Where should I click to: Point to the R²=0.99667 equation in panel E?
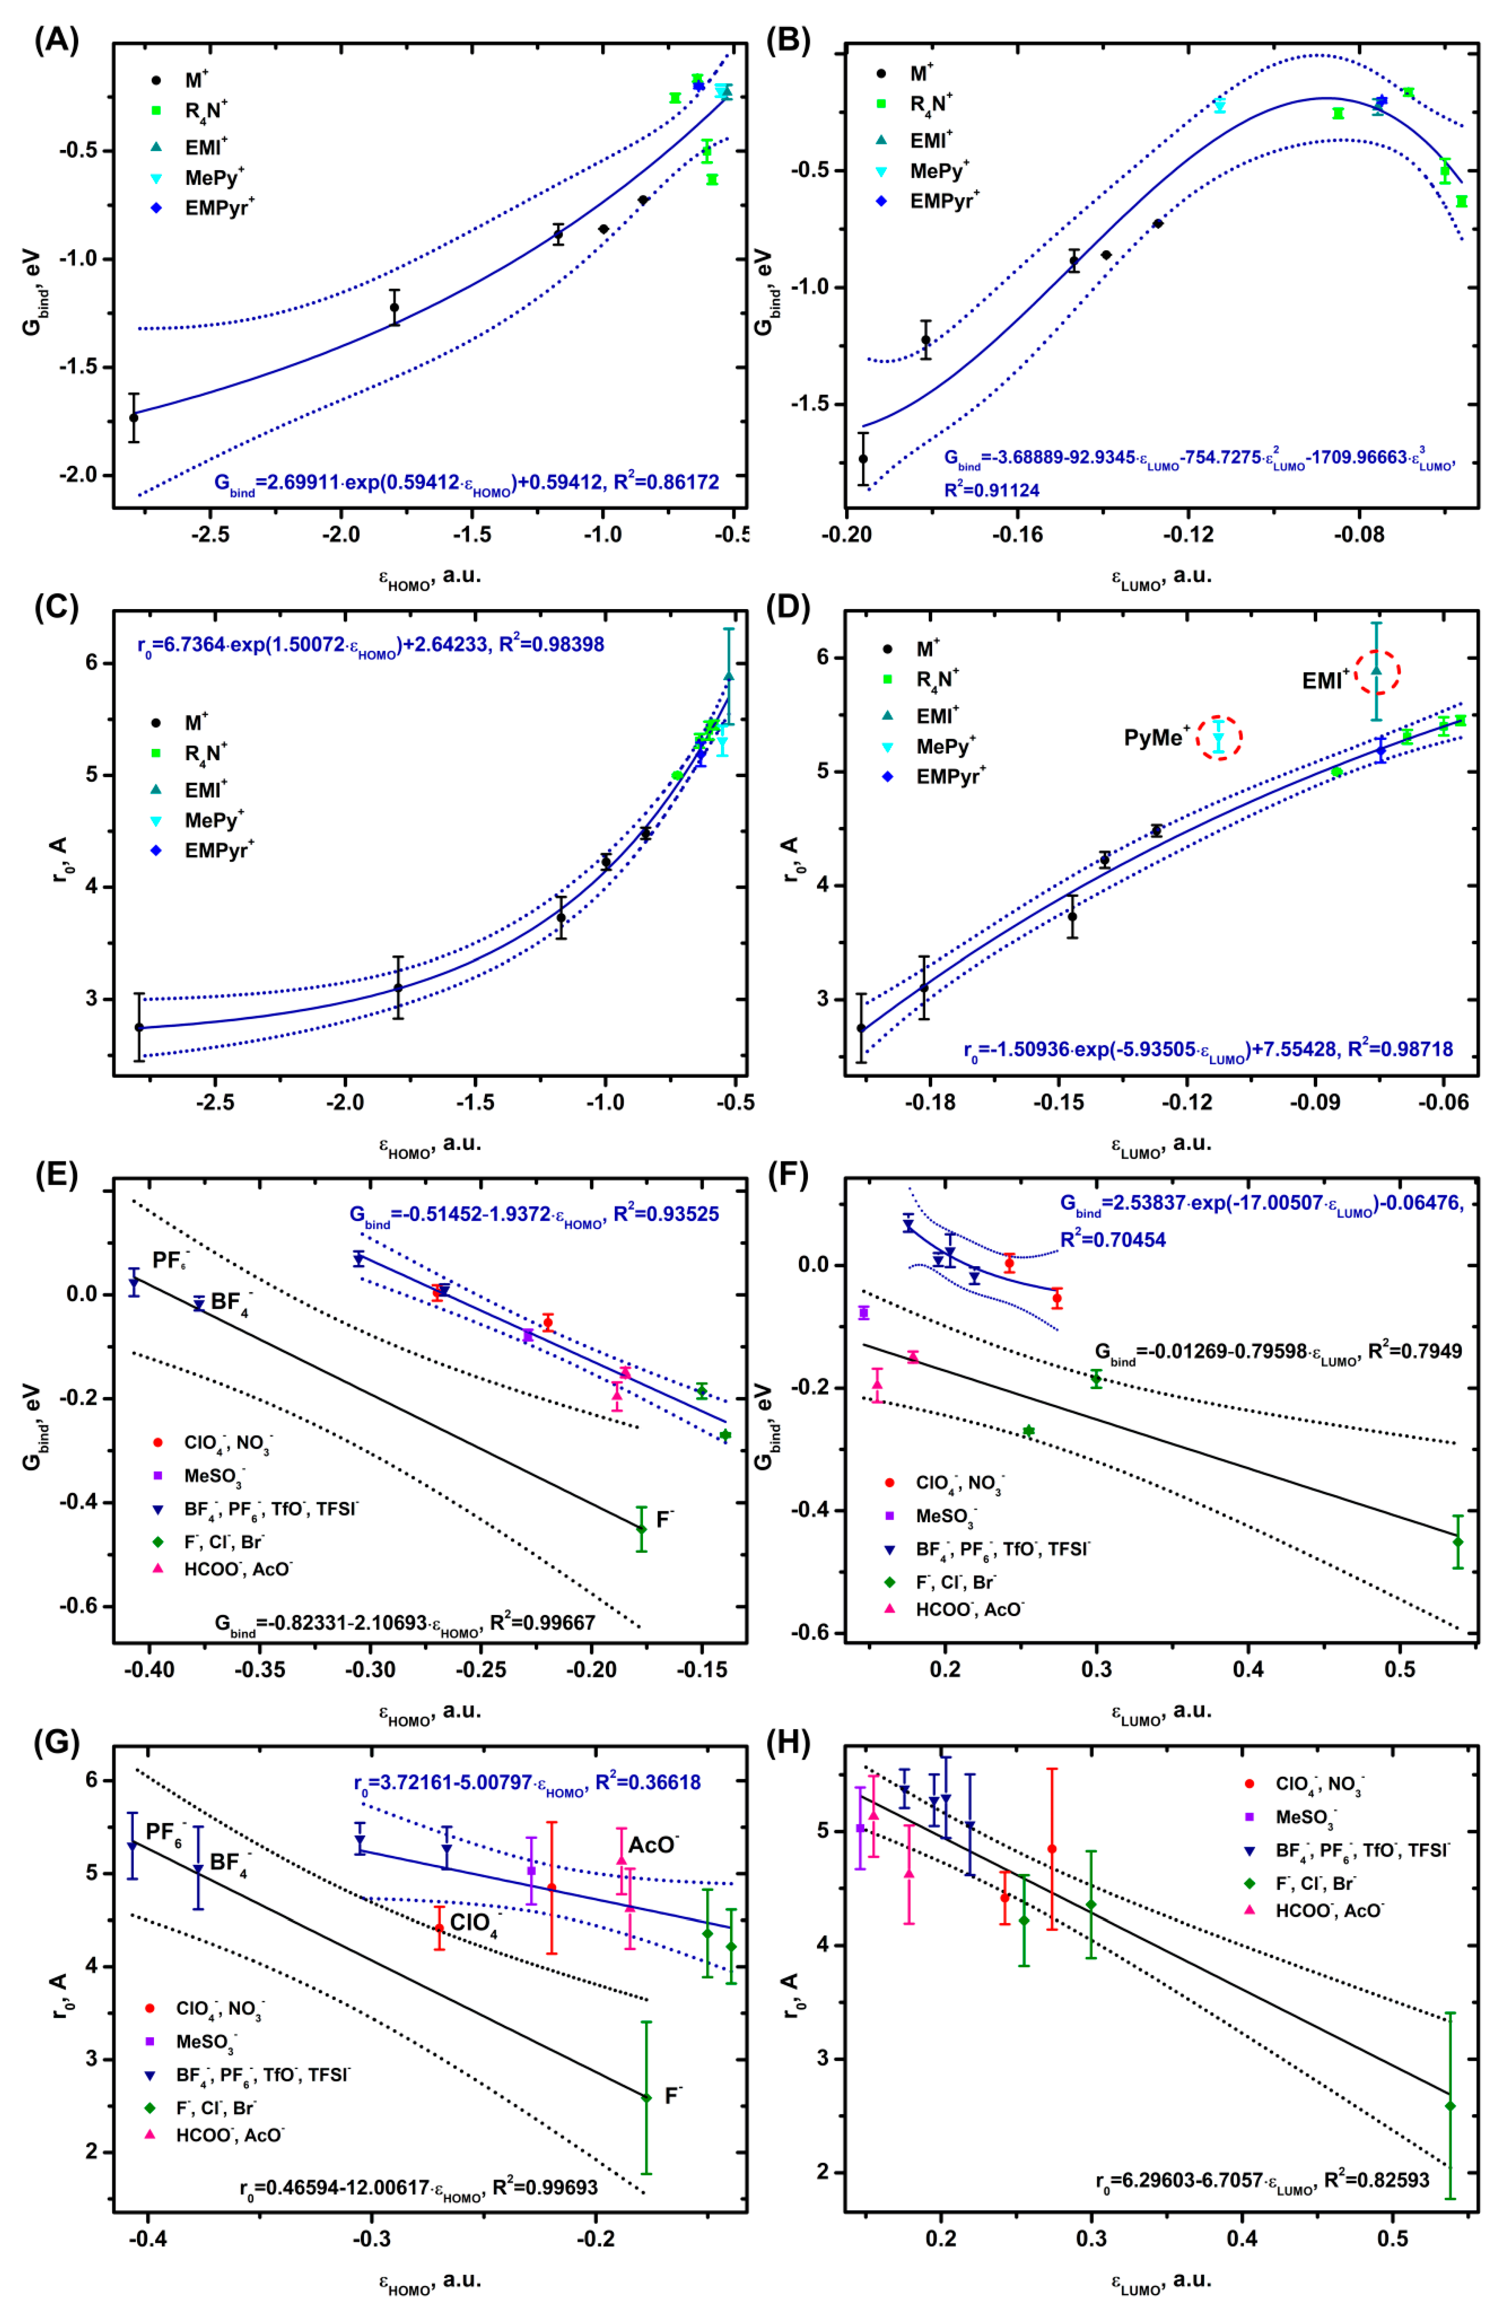[404, 1622]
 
